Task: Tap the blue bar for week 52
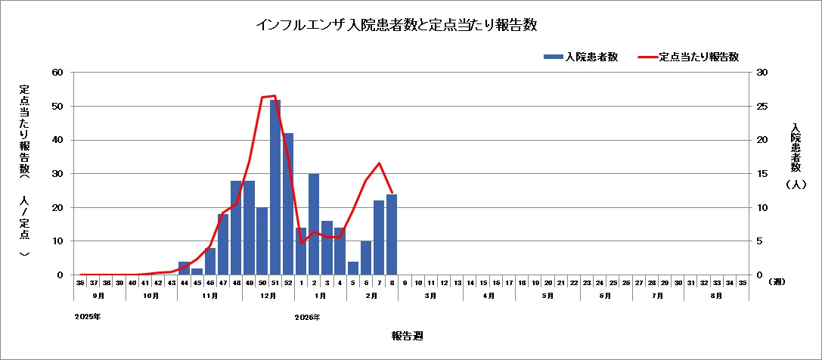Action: pyautogui.click(x=288, y=204)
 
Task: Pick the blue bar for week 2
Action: pyautogui.click(x=314, y=225)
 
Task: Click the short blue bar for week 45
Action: pyautogui.click(x=197, y=272)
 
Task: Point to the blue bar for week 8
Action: pyautogui.click(x=392, y=234)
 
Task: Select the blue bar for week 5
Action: pyautogui.click(x=353, y=268)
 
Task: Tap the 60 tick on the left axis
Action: pyautogui.click(x=57, y=73)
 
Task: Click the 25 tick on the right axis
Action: pyautogui.click(x=762, y=107)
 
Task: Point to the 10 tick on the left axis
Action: pyautogui.click(x=57, y=241)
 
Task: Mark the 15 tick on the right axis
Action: pyautogui.click(x=762, y=174)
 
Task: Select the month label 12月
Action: pyautogui.click(x=268, y=296)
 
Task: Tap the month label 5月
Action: pyautogui.click(x=547, y=296)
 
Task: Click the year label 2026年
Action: pyautogui.click(x=308, y=317)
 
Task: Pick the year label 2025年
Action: pyautogui.click(x=88, y=317)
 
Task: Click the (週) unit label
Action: pyautogui.click(x=777, y=282)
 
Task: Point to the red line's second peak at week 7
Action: pyautogui.click(x=379, y=163)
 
